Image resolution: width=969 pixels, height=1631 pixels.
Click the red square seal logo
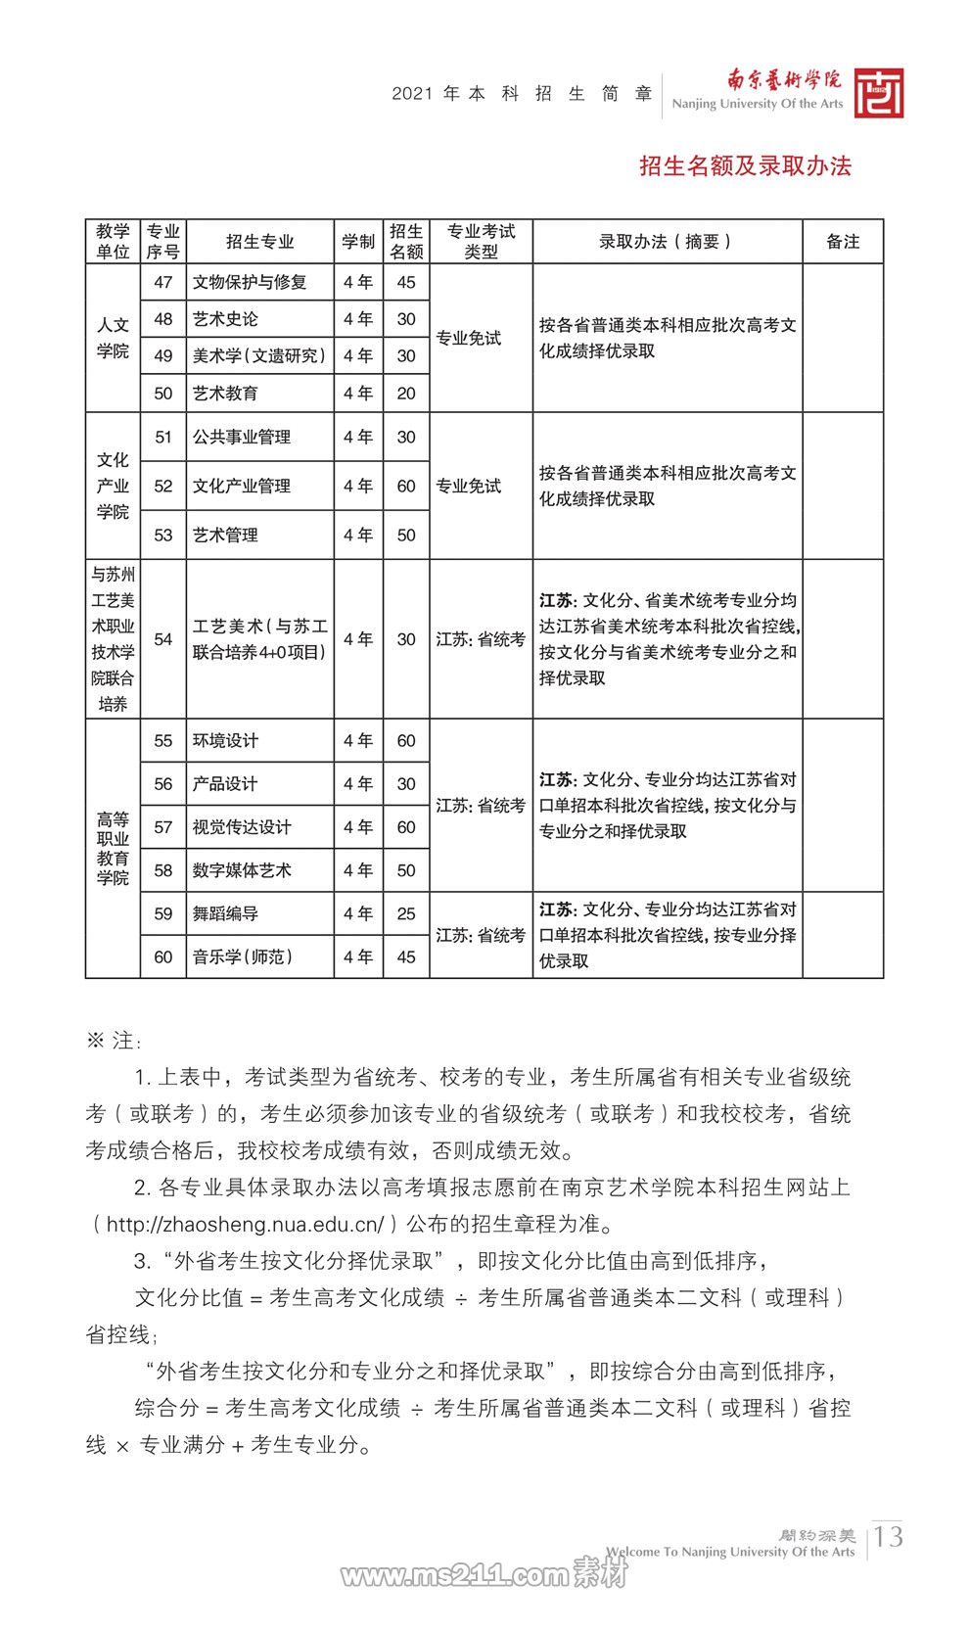point(878,94)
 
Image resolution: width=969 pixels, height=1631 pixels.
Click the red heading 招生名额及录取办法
point(745,166)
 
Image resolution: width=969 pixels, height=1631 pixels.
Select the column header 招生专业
point(259,242)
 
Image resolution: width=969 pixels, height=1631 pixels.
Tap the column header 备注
point(843,242)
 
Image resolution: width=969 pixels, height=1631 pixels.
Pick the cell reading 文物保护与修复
point(250,283)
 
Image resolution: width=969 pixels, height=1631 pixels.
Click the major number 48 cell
point(163,319)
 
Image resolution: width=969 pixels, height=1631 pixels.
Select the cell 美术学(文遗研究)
point(259,356)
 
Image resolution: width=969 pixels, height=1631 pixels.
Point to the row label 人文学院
point(113,338)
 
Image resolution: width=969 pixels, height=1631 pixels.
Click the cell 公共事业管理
point(242,438)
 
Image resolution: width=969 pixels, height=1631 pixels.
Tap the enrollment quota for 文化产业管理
point(406,487)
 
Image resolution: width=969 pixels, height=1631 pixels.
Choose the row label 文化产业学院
point(113,486)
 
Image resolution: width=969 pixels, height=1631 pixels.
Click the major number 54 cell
point(163,639)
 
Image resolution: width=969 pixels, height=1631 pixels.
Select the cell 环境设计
point(226,741)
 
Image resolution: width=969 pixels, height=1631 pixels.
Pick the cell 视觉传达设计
point(242,827)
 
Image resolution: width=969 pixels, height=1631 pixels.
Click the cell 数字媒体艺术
point(242,870)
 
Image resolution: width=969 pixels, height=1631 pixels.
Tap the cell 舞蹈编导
point(226,913)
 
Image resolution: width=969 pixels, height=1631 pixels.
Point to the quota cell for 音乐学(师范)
point(406,956)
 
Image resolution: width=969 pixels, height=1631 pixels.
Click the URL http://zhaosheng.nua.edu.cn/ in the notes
point(245,1225)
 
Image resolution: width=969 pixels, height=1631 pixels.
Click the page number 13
point(889,1536)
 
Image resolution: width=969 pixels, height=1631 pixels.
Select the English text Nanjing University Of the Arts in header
point(757,104)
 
